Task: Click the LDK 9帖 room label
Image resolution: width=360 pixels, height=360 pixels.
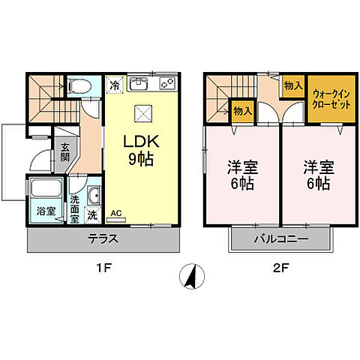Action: pyautogui.click(x=142, y=150)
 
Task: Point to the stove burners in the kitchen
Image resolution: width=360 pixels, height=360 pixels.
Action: pyautogui.click(x=167, y=83)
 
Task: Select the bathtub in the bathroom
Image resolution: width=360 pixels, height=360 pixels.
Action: pyautogui.click(x=46, y=190)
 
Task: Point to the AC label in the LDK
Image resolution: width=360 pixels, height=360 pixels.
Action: pyautogui.click(x=115, y=213)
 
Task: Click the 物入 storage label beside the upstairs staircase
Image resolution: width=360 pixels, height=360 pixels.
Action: pyautogui.click(x=241, y=111)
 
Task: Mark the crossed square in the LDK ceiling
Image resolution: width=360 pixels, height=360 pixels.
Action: pyautogui.click(x=142, y=112)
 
